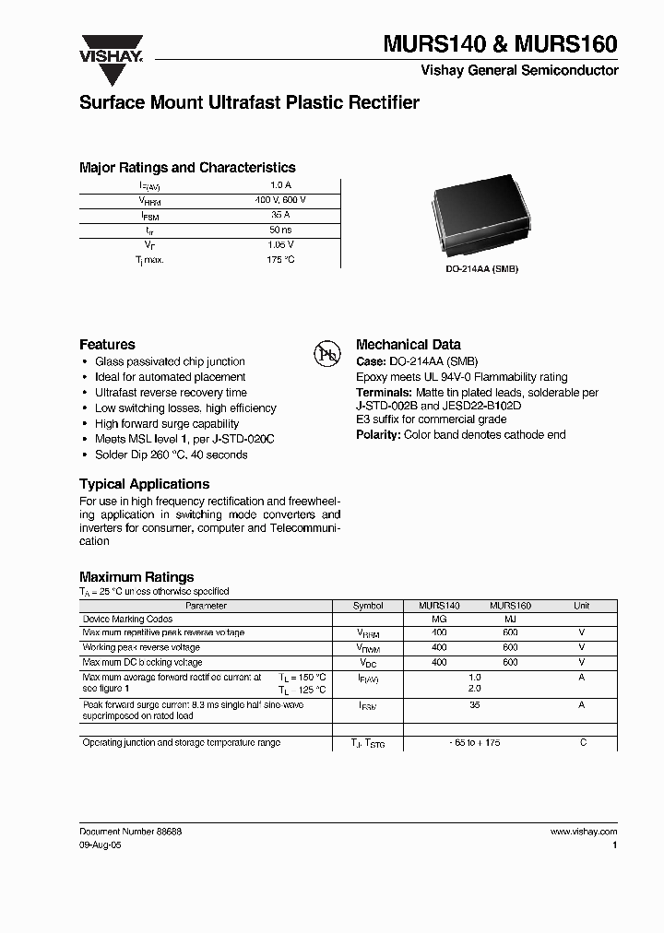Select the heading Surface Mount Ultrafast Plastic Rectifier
[x=249, y=103]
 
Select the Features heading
[x=107, y=344]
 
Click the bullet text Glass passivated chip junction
[x=170, y=361]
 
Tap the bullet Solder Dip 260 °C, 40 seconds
[x=172, y=455]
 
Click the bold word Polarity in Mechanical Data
[x=377, y=434]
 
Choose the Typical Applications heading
[x=144, y=484]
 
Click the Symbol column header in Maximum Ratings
[x=368, y=606]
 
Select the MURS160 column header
[x=510, y=606]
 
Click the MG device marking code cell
[x=439, y=620]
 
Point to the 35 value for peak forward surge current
[x=475, y=705]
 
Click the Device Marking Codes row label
[x=127, y=620]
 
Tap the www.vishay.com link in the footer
[x=584, y=831]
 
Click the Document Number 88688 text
[x=130, y=831]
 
